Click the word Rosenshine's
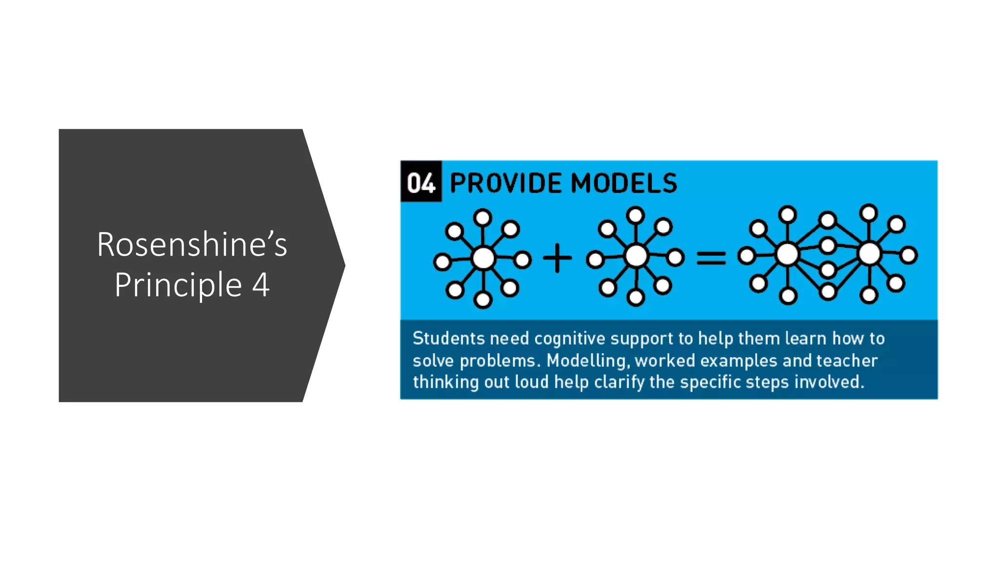(192, 244)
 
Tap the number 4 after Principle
(261, 285)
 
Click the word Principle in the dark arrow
(178, 285)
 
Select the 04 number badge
(421, 182)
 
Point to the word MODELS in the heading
(624, 183)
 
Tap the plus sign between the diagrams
(557, 258)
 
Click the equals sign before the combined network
(711, 258)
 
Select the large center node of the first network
(483, 259)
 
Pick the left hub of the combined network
(787, 254)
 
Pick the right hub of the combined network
(869, 254)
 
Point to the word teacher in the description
(847, 361)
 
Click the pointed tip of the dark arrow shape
(344, 265)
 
